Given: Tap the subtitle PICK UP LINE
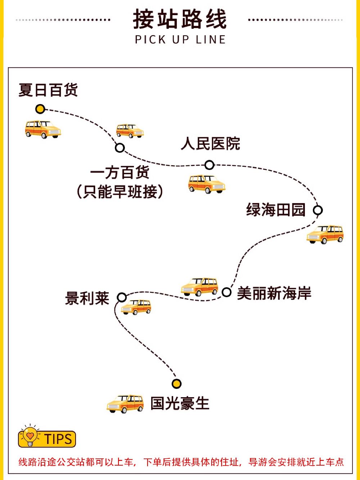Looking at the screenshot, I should pos(180,40).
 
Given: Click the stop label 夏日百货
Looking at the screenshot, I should pos(48,90).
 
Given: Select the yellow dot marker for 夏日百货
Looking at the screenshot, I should pos(40,109).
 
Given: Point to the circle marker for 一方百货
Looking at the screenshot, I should pos(120,148).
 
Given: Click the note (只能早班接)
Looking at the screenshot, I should pos(120,191).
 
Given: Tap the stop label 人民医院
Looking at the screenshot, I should pos(210,143).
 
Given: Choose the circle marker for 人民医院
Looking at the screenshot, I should pos(209,165).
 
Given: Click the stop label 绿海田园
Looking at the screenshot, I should pos(276,210).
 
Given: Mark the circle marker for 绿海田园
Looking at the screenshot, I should pos(318,210).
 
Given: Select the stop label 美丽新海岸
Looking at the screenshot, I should pos(274,293).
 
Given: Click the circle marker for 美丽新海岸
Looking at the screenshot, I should pos(226,292).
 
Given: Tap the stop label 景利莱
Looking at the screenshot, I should pos(87,298).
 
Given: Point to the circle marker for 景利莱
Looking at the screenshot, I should pos(122,297).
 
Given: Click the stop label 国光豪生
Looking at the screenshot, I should pos(180,403).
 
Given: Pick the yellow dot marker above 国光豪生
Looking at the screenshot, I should pos(176,383).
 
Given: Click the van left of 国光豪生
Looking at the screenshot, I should pos(125,404).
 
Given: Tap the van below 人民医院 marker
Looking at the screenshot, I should pos(207,184).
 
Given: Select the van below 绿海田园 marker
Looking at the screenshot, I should pos(325,234).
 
